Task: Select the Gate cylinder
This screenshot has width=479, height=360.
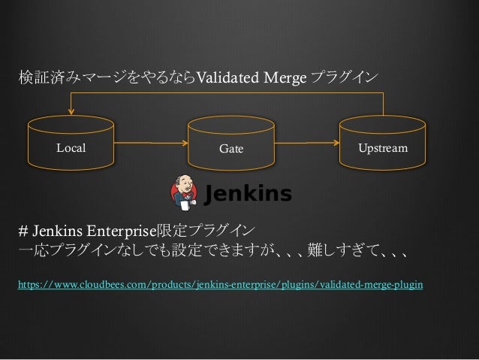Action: pos(231,147)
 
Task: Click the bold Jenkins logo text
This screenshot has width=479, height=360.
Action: pos(249,194)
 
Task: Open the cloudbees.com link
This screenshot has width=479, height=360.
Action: pos(219,286)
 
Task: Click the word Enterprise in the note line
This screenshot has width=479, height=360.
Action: pos(119,229)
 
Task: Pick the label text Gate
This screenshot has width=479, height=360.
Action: pos(231,149)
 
